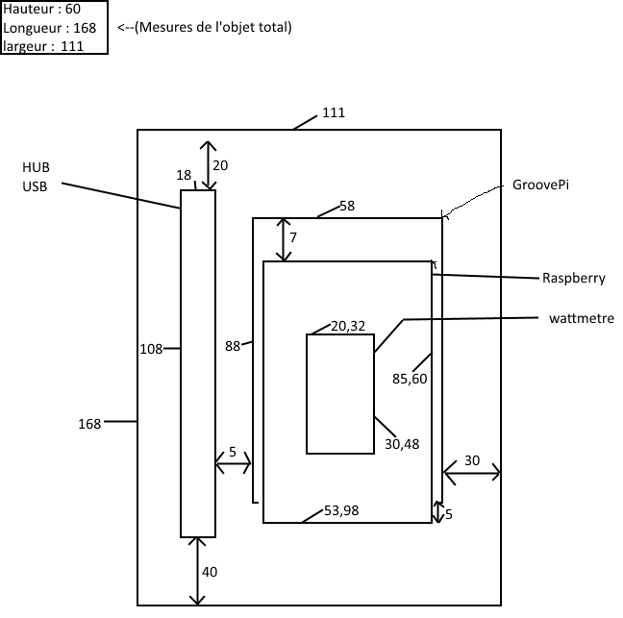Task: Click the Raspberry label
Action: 574,279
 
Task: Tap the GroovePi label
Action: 540,185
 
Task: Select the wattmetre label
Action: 582,318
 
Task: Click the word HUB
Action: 36,167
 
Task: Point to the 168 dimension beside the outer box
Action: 89,424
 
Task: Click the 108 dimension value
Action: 151,349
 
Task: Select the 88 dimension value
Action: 233,346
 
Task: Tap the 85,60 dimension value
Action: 410,379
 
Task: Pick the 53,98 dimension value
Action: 341,510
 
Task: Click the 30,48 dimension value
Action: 402,444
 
